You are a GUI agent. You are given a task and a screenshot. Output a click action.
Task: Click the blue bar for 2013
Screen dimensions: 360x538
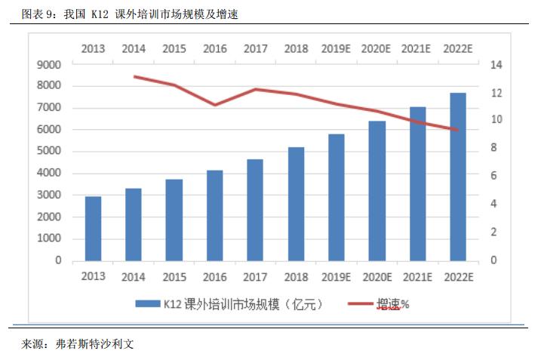pos(93,229)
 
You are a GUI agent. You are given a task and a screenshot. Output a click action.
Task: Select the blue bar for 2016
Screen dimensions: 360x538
pos(215,216)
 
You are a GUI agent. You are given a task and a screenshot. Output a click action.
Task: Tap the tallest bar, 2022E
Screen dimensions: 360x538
pos(458,177)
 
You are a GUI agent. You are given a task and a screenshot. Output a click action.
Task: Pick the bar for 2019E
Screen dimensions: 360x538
pos(337,198)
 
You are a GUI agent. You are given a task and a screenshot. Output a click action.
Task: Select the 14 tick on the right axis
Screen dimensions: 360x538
pos(495,65)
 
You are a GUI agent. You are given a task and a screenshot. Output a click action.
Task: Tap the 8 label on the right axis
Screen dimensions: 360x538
pos(493,149)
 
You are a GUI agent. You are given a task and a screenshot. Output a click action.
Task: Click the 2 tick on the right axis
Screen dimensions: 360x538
pos(493,232)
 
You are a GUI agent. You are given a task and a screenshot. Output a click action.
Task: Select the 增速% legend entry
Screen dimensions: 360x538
pos(393,304)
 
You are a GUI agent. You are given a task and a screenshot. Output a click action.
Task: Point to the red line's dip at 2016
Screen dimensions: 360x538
pos(215,105)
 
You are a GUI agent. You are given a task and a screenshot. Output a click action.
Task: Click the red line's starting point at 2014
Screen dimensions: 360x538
pos(134,76)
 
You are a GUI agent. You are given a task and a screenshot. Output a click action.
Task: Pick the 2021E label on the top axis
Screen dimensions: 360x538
pos(417,49)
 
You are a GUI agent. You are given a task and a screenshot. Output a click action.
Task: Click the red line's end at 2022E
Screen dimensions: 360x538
pos(458,130)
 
